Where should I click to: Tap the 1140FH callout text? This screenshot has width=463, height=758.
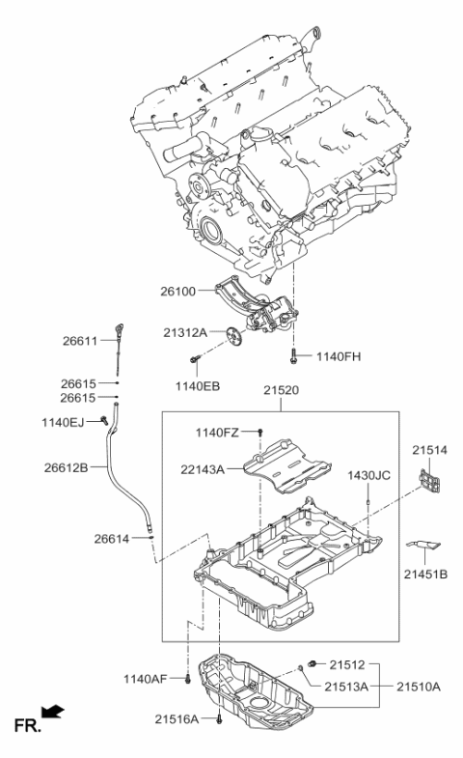[338, 356]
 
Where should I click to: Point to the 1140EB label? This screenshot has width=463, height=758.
[197, 386]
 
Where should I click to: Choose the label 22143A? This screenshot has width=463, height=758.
[201, 469]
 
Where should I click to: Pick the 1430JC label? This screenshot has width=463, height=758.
[368, 475]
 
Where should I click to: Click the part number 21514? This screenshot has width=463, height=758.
[431, 449]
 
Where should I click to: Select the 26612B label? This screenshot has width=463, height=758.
[66, 468]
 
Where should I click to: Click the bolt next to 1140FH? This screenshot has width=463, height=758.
[299, 355]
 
